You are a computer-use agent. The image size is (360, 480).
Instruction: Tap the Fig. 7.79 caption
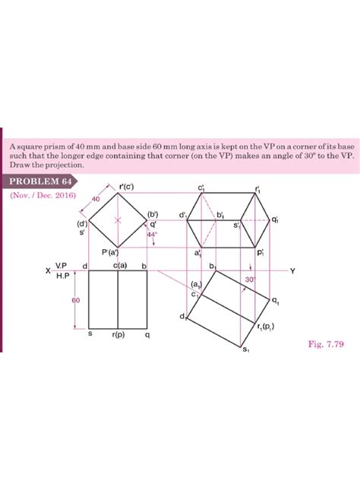coord(326,343)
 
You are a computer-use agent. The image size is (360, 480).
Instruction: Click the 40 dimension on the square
coord(96,198)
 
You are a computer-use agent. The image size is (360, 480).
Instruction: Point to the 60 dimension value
coord(75,301)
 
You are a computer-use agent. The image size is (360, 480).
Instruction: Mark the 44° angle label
coord(151,235)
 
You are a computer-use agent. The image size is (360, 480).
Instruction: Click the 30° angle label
coord(250,279)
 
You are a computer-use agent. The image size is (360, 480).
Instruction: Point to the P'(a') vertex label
coord(111,251)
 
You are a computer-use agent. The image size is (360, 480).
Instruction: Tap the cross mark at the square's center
coord(117,219)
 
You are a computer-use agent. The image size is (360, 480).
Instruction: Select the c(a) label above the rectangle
coord(119,264)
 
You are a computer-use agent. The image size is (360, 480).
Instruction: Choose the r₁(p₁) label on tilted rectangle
coord(267,327)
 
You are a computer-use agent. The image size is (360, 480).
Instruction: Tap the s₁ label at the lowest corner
coord(245,349)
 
